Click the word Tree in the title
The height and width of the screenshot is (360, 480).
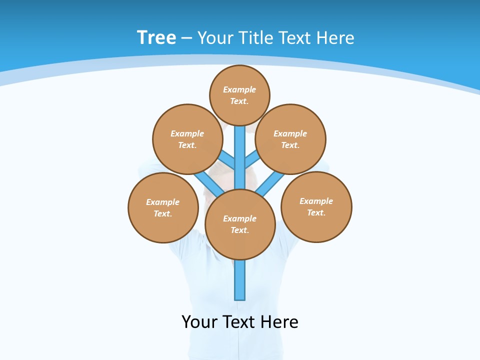[156, 38]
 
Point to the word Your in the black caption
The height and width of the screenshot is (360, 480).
[199, 322]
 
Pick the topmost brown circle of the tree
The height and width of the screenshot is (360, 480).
[239, 95]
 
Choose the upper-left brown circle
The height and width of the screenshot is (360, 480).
[187, 139]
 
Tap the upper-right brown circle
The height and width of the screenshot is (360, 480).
[290, 139]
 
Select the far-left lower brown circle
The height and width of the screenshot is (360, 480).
[163, 207]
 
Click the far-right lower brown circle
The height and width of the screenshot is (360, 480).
[316, 206]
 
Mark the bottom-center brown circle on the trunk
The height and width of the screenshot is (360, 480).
[240, 224]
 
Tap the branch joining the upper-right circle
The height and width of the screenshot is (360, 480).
[252, 159]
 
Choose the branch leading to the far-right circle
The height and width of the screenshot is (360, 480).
[271, 182]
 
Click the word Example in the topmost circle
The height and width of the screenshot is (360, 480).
[239, 89]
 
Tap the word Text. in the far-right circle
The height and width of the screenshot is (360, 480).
[316, 212]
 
